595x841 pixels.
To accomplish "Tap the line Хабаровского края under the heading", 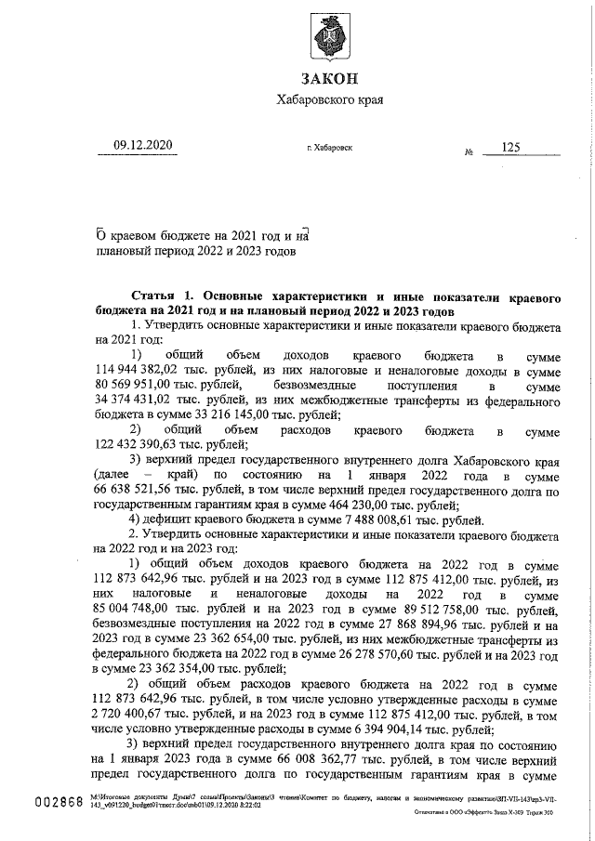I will (329, 100).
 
